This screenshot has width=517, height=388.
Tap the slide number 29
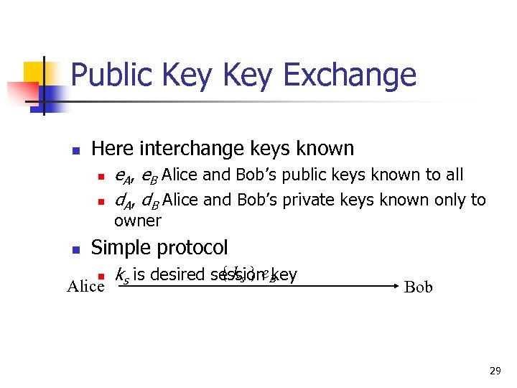click(495, 371)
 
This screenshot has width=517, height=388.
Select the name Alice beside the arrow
click(85, 287)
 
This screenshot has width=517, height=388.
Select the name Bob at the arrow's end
click(419, 287)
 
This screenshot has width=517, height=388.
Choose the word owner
click(138, 220)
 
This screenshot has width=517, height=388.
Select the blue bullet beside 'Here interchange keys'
click(75, 151)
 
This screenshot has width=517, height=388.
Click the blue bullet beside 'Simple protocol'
click(75, 249)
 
